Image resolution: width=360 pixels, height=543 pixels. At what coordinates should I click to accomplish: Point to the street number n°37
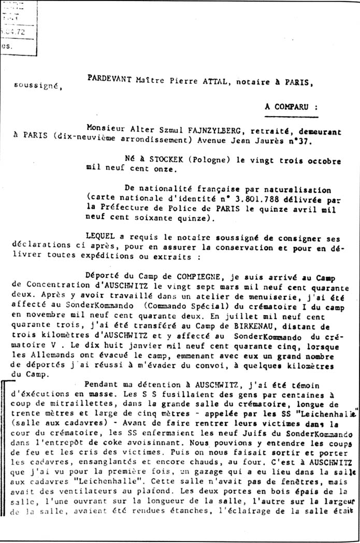[283, 140]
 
